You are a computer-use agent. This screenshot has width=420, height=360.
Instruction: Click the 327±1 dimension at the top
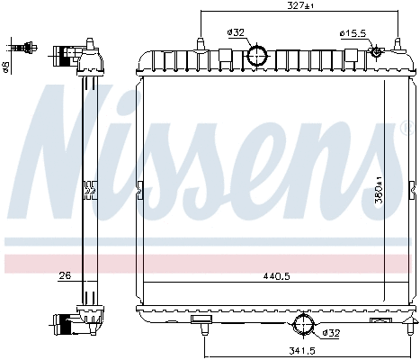(299, 5)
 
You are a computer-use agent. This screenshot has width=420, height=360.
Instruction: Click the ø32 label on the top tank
(236, 33)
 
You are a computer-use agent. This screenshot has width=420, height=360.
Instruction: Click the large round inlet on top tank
(258, 55)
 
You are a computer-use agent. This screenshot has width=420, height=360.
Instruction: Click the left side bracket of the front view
(139, 190)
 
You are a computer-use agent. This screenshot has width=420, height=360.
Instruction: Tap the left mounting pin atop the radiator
(200, 43)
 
